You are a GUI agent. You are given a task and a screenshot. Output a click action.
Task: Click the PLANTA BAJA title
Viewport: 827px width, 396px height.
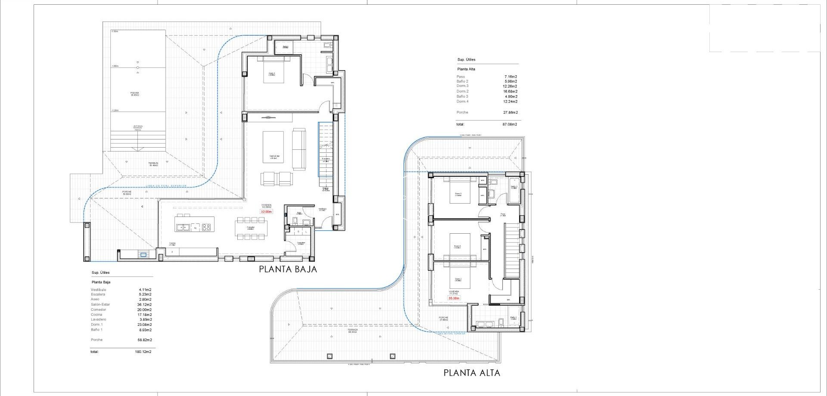[x=288, y=269]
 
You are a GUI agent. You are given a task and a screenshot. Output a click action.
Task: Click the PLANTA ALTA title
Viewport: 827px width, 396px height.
[x=472, y=373]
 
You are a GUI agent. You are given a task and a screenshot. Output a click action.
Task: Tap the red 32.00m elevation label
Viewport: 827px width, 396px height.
[x=266, y=212]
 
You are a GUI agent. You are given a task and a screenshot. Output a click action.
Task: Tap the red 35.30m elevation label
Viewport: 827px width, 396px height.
[x=454, y=298]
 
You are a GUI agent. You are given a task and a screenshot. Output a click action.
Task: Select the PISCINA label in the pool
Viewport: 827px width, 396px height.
[x=135, y=93]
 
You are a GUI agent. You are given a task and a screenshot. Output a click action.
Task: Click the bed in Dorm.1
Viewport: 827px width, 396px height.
[x=272, y=70]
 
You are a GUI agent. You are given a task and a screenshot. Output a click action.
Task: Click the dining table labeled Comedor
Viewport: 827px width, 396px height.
[x=251, y=228]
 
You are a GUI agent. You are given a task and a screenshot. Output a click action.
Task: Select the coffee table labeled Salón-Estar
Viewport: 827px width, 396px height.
[x=273, y=147]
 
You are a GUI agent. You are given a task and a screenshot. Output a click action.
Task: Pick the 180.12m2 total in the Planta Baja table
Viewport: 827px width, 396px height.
[x=143, y=352]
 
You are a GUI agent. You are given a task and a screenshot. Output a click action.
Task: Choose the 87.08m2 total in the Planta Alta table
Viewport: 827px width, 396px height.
[x=510, y=124]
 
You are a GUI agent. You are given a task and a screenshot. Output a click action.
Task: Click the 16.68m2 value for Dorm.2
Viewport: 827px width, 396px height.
[x=510, y=91]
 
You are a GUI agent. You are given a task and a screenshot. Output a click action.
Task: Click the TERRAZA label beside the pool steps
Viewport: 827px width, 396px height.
[x=153, y=164]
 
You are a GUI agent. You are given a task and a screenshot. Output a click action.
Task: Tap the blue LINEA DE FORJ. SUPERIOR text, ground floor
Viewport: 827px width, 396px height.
[x=166, y=186]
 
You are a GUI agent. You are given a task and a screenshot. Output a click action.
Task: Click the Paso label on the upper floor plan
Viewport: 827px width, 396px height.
[x=503, y=214]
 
